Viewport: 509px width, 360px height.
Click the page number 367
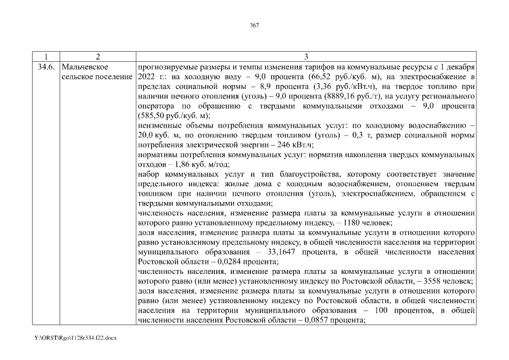point(254,25)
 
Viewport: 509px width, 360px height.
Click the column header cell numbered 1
point(46,57)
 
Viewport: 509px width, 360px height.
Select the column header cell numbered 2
point(97,57)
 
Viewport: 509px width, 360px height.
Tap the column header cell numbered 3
point(306,57)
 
